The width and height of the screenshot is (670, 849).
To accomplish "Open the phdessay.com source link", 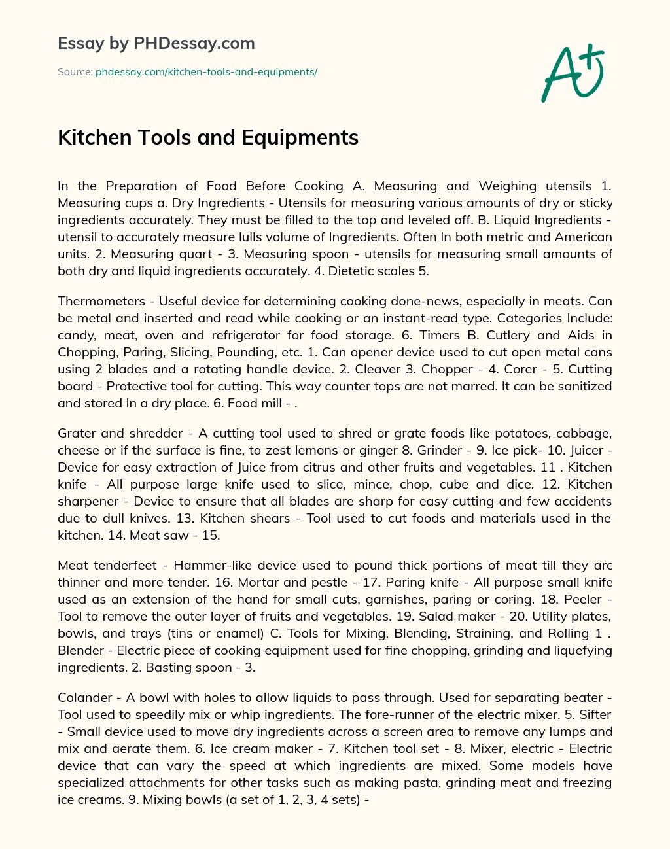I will [206, 72].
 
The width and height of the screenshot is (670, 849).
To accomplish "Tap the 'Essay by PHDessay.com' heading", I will [156, 43].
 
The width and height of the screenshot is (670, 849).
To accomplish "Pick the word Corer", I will [521, 369].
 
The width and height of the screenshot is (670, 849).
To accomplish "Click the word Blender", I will [81, 651].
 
